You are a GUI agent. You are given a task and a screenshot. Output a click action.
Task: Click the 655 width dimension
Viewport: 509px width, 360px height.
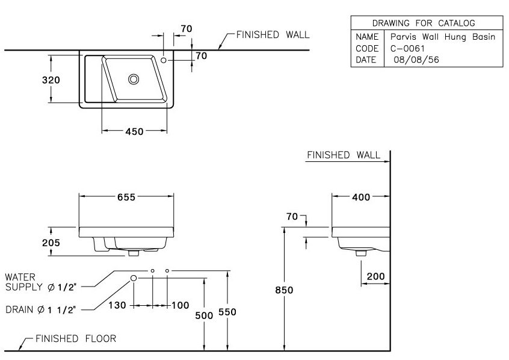[x=126, y=197]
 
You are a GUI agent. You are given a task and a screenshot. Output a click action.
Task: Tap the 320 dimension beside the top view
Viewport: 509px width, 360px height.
[x=51, y=80]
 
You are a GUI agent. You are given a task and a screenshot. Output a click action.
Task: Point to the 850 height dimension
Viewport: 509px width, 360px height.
[x=284, y=290]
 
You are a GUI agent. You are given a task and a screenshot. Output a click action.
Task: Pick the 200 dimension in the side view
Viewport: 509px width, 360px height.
[x=376, y=277]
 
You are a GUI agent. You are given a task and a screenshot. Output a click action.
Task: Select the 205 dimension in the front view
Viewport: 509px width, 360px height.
[x=51, y=243]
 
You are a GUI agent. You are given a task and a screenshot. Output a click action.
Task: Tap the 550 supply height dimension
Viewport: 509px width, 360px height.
[x=227, y=312]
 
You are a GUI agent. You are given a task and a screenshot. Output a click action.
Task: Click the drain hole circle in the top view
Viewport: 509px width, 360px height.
[x=134, y=78]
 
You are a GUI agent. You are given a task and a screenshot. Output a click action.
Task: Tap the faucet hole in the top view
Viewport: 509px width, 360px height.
[x=164, y=60]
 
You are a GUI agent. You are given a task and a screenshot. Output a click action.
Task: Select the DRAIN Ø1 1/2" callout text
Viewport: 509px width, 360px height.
[x=41, y=309]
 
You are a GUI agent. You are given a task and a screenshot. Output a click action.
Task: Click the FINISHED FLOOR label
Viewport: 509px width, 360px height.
[x=75, y=339]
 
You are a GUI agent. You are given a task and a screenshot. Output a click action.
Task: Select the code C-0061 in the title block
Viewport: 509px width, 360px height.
[x=407, y=48]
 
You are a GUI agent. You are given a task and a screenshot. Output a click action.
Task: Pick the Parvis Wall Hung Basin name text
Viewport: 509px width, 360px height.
[x=442, y=37]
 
